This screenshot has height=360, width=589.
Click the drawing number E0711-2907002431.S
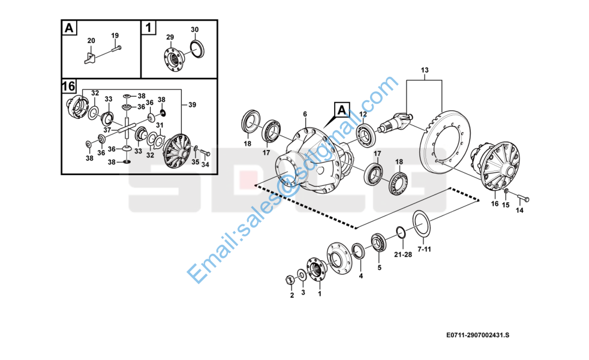click(x=478, y=335)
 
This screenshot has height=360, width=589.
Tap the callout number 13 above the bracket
click(x=425, y=70)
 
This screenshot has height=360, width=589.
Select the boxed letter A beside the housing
click(x=342, y=110)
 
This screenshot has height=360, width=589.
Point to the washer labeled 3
click(x=302, y=275)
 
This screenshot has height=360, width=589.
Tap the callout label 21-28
click(x=402, y=254)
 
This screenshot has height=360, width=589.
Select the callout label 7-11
click(x=424, y=249)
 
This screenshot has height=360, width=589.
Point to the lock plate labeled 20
click(x=90, y=58)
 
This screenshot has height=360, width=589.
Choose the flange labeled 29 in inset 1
click(x=173, y=58)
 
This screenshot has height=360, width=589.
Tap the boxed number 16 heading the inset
click(x=68, y=86)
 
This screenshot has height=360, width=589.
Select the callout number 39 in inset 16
click(x=192, y=105)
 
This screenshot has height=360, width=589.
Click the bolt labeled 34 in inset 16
click(x=205, y=153)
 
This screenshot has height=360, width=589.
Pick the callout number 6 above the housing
click(x=305, y=114)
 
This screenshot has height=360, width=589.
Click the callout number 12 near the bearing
click(x=363, y=114)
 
